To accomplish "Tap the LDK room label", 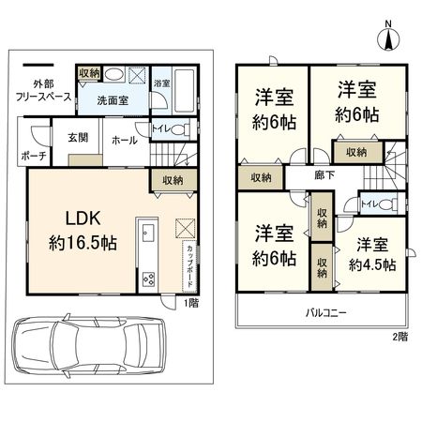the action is pos(83,218).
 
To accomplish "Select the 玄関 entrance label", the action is pos(78,138).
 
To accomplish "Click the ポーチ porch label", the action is pos(34,156).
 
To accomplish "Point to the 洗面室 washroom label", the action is pos(113,100).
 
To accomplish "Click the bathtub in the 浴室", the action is pos(184,91).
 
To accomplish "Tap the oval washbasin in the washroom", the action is pos(113,74).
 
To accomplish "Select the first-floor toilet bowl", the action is pos(181,129).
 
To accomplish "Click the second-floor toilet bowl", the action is pos(388,204).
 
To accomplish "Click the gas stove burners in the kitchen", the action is pos(148,279).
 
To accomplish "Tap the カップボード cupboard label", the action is pos(189,266).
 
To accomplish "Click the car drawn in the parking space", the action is pos(88,344).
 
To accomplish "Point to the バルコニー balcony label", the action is pos(326,312).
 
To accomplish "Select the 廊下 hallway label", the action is pos(324,175).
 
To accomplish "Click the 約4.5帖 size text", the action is pos(372,265).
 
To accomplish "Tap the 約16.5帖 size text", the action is pos(83,243).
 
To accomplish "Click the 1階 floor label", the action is pos(190,303).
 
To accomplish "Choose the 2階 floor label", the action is pos(400,337).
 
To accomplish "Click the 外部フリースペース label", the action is pos(44,90).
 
